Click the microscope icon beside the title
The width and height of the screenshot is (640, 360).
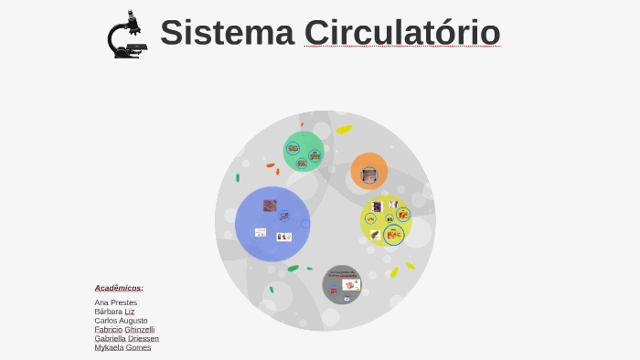click(127, 35)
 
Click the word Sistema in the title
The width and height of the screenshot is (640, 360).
click(227, 32)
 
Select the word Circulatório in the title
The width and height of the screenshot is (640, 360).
click(402, 32)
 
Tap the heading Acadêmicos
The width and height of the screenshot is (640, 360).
click(118, 288)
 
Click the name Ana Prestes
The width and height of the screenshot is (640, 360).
click(116, 302)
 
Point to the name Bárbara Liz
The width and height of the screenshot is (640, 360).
click(114, 312)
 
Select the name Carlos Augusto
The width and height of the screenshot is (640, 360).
click(121, 321)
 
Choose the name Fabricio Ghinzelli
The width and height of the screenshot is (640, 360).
click(124, 329)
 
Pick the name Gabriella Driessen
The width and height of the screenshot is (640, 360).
click(126, 338)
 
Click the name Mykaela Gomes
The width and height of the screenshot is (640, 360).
click(123, 347)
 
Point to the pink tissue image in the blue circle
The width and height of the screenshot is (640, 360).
click(270, 206)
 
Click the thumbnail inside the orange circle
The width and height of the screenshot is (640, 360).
click(369, 174)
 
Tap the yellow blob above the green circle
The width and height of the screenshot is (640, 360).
click(344, 130)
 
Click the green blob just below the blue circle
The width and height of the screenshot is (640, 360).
click(293, 268)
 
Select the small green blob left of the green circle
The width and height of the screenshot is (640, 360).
click(238, 177)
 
